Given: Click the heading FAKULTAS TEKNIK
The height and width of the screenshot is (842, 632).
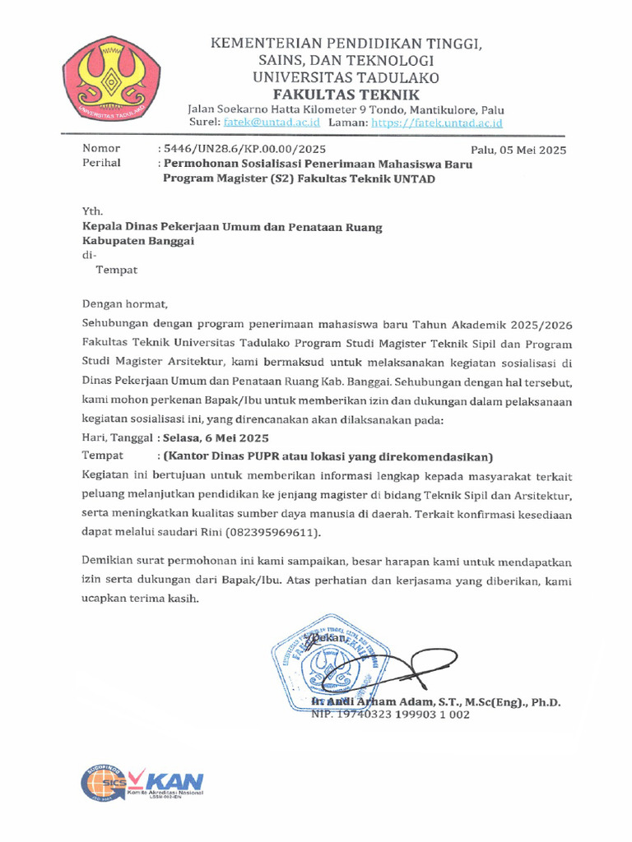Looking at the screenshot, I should (x=348, y=95).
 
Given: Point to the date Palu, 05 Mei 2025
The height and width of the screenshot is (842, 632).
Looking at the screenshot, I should (x=518, y=150).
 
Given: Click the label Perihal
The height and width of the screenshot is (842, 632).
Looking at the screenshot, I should (x=101, y=163).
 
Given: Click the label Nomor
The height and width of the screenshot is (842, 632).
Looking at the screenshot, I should (x=101, y=149).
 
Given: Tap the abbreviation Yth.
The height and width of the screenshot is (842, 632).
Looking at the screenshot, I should (x=92, y=210).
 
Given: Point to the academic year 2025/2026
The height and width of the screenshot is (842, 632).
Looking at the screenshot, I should (x=534, y=322).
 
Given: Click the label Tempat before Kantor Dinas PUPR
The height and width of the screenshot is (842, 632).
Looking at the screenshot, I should (x=102, y=456).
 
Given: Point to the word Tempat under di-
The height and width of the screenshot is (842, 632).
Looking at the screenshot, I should (x=117, y=270).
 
